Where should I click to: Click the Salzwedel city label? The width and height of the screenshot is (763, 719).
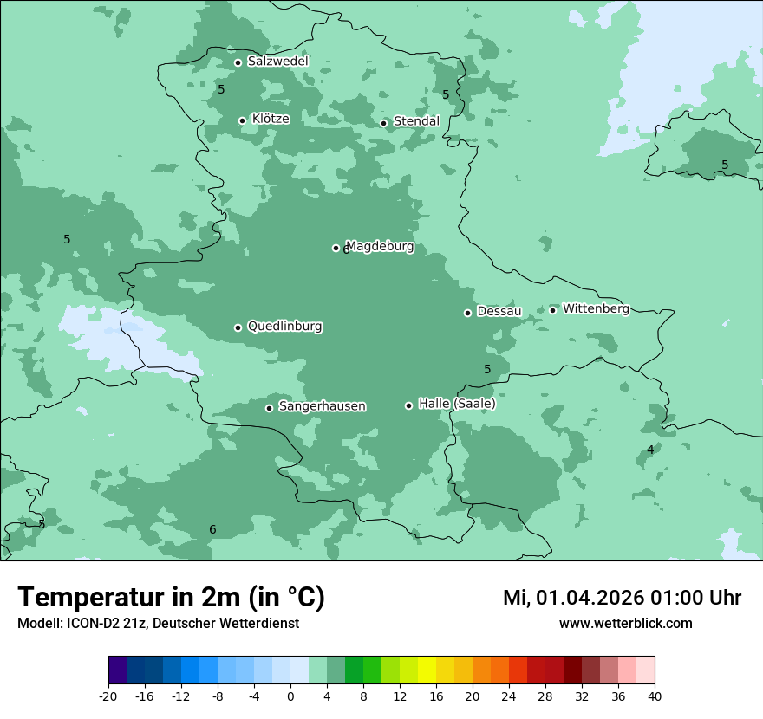277,62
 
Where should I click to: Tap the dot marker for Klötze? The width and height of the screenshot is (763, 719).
243,120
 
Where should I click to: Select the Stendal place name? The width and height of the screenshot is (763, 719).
416,121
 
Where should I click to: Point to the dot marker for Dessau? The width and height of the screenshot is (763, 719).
468,313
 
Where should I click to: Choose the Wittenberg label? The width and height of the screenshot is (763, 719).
596,308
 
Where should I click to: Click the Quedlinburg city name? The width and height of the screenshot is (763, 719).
284,327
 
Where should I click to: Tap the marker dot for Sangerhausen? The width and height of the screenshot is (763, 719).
270,408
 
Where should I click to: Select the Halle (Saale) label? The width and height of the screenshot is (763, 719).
457,404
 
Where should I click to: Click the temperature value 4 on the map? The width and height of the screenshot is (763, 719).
650,450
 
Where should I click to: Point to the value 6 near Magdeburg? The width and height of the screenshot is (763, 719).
346,250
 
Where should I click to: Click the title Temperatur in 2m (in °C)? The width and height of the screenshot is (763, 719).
171,598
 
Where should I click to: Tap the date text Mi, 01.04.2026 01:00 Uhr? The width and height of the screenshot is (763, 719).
622,598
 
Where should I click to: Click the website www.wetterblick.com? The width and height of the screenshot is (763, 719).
625,623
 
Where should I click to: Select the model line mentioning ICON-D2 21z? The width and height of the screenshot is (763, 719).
158,623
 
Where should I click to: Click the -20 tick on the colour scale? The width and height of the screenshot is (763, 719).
108,696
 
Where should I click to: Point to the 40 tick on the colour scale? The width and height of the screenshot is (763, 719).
655,696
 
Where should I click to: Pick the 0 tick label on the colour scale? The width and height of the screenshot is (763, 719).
290,696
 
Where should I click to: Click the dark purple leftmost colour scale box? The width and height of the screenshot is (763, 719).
117,670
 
